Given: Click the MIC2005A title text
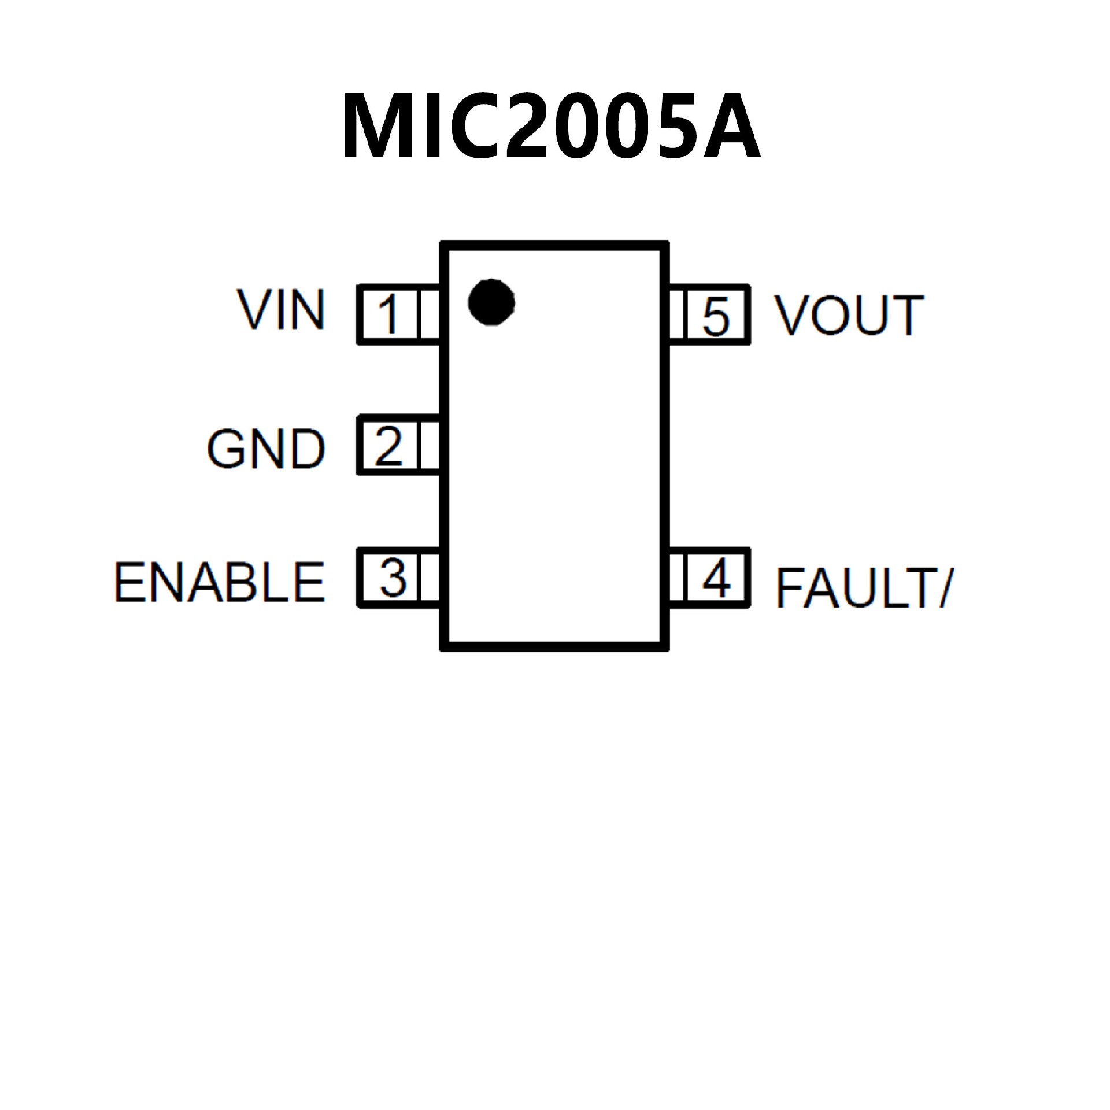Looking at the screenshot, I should pyautogui.click(x=551, y=126).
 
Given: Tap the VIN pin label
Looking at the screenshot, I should pyautogui.click(x=281, y=310).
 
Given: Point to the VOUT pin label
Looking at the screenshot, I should pyautogui.click(x=849, y=315).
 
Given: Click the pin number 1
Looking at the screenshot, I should pyautogui.click(x=389, y=314).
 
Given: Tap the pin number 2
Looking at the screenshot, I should pyautogui.click(x=388, y=445).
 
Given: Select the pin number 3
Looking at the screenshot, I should pyautogui.click(x=393, y=578).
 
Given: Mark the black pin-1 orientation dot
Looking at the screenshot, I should pyautogui.click(x=491, y=302).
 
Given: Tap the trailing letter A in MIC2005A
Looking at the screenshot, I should pyautogui.click(x=731, y=126).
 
